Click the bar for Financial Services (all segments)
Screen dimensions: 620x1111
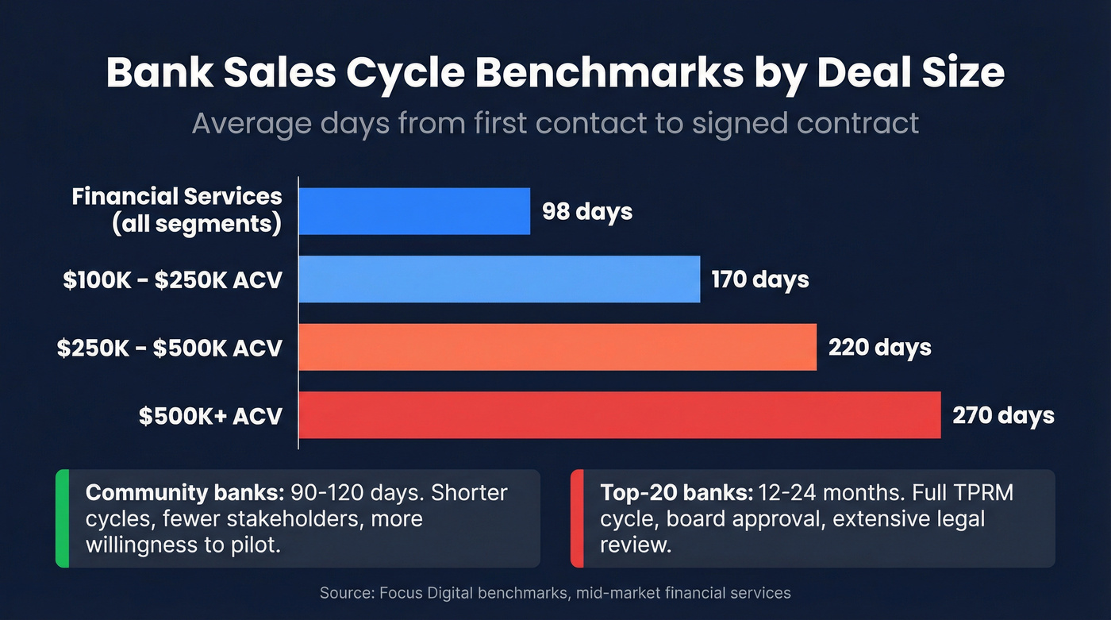click(x=414, y=211)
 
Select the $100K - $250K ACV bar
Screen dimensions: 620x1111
click(x=499, y=279)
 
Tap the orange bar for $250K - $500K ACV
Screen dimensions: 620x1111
click(x=557, y=347)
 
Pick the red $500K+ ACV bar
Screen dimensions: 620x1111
click(x=619, y=414)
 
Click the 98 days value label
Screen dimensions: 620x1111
click(x=587, y=212)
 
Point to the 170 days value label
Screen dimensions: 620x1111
click(x=759, y=279)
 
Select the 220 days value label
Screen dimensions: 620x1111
click(x=879, y=348)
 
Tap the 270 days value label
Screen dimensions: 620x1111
click(x=1003, y=415)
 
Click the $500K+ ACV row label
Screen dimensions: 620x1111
click(x=210, y=415)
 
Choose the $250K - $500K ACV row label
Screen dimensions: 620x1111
click(x=169, y=348)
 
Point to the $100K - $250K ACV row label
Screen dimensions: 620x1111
click(x=172, y=279)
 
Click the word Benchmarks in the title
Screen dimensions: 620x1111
click(x=648, y=73)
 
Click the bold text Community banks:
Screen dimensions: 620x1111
click(x=185, y=493)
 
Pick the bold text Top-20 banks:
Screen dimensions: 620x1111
click(x=676, y=493)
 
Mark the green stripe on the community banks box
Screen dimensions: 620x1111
click(x=62, y=518)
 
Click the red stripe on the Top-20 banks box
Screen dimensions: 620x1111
click(x=577, y=518)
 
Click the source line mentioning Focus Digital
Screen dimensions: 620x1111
click(x=555, y=593)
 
